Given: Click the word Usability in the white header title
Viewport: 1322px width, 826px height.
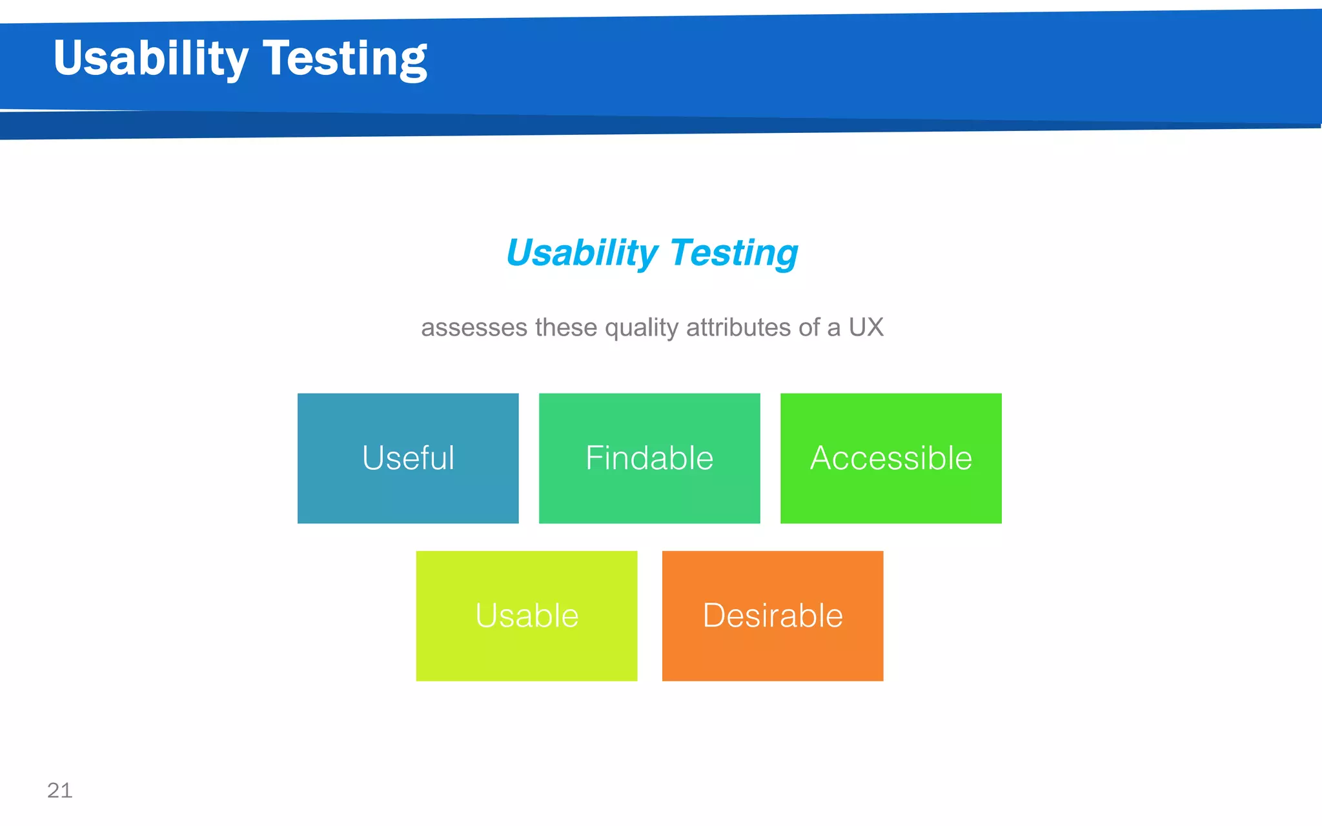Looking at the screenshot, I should pyautogui.click(x=150, y=58).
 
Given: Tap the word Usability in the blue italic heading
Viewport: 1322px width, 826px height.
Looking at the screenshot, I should pyautogui.click(x=582, y=252).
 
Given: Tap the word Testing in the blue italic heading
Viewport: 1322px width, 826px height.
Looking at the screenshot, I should pyautogui.click(x=734, y=252).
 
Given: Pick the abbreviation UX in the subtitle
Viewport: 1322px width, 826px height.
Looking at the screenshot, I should pyautogui.click(x=866, y=327).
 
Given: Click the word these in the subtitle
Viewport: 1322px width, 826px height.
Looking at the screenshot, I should pyautogui.click(x=566, y=328).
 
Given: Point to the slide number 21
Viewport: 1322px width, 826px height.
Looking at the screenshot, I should pyautogui.click(x=60, y=791).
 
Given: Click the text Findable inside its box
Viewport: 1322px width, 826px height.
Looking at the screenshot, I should pyautogui.click(x=649, y=458).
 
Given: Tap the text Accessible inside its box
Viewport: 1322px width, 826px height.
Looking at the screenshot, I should pyautogui.click(x=891, y=458).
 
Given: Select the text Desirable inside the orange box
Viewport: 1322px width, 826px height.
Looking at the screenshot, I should pyautogui.click(x=773, y=616).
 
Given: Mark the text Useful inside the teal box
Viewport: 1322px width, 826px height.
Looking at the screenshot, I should pyautogui.click(x=408, y=458).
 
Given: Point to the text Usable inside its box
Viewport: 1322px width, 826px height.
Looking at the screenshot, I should pyautogui.click(x=527, y=616).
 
